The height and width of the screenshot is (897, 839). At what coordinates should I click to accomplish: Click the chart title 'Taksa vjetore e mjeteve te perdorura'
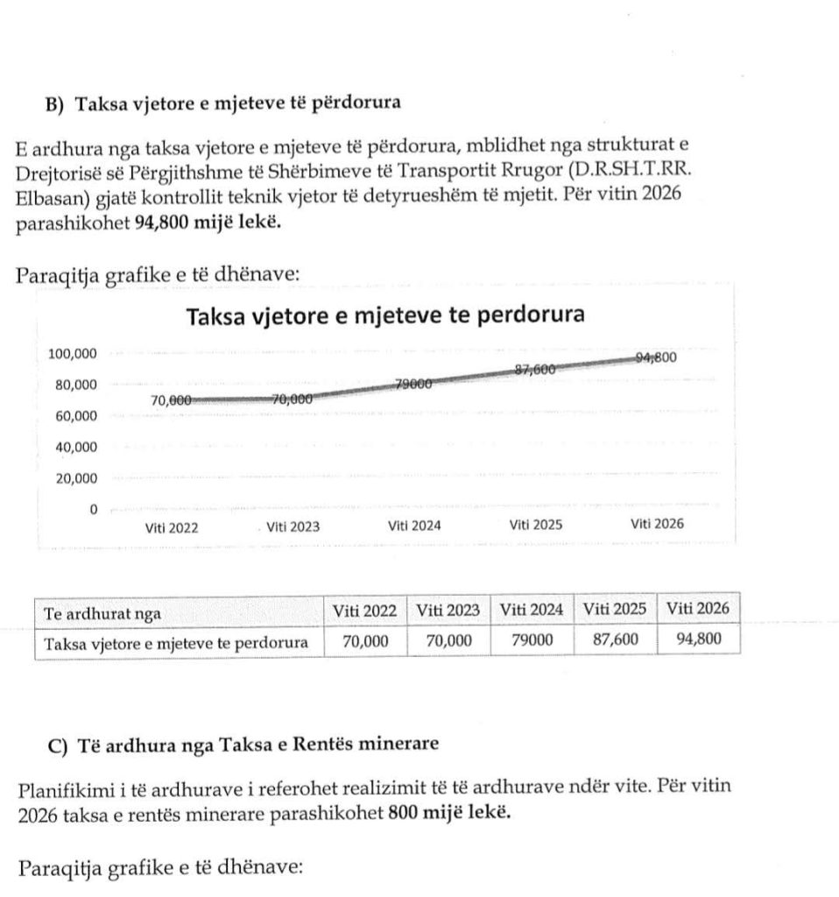click(386, 316)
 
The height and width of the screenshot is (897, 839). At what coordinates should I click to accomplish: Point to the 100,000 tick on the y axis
click(73, 354)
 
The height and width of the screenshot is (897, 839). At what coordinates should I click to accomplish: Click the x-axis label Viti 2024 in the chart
click(413, 526)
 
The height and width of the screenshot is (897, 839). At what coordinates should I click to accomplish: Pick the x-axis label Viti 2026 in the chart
click(657, 524)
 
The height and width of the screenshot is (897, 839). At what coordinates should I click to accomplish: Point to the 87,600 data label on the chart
click(535, 370)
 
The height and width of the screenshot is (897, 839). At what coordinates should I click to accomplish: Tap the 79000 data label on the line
click(413, 385)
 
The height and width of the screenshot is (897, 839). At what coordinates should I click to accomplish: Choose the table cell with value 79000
click(532, 640)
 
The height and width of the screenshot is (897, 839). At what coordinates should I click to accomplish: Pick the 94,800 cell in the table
click(699, 639)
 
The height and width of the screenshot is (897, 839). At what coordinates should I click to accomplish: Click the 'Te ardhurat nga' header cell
click(102, 613)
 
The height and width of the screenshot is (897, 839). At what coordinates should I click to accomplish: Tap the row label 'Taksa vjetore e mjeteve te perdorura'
click(176, 643)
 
